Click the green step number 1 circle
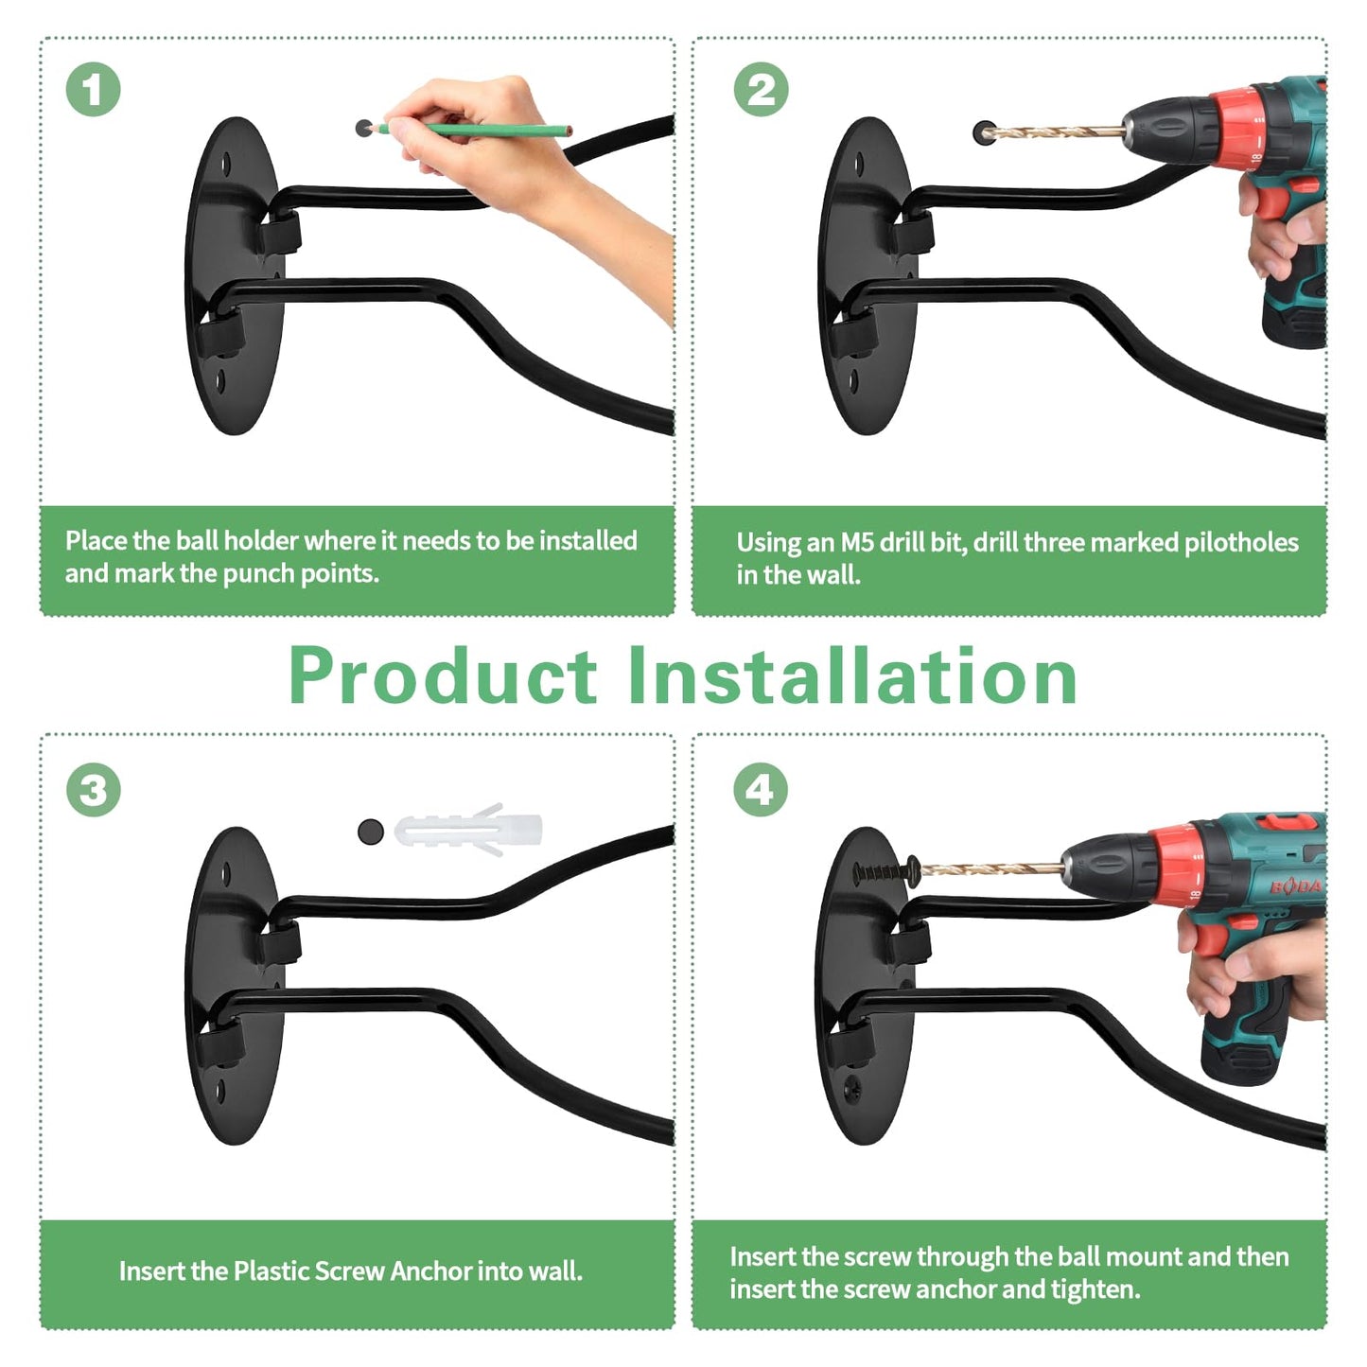pyautogui.click(x=93, y=90)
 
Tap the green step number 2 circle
pyautogui.click(x=761, y=90)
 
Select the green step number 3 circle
pyautogui.click(x=93, y=790)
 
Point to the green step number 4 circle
pyautogui.click(x=761, y=790)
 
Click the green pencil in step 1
pyautogui.click(x=472, y=130)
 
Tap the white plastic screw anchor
pyautogui.click(x=469, y=830)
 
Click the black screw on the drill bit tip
pyautogui.click(x=886, y=869)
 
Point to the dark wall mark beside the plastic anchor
pyautogui.click(x=370, y=831)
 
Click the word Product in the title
pyautogui.click(x=443, y=676)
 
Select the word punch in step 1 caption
pyautogui.click(x=262, y=574)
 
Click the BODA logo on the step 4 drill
pyautogui.click(x=1295, y=886)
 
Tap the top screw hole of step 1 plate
pyautogui.click(x=227, y=165)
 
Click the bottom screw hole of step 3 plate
pyautogui.click(x=219, y=1092)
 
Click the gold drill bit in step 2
pyautogui.click(x=1057, y=131)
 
